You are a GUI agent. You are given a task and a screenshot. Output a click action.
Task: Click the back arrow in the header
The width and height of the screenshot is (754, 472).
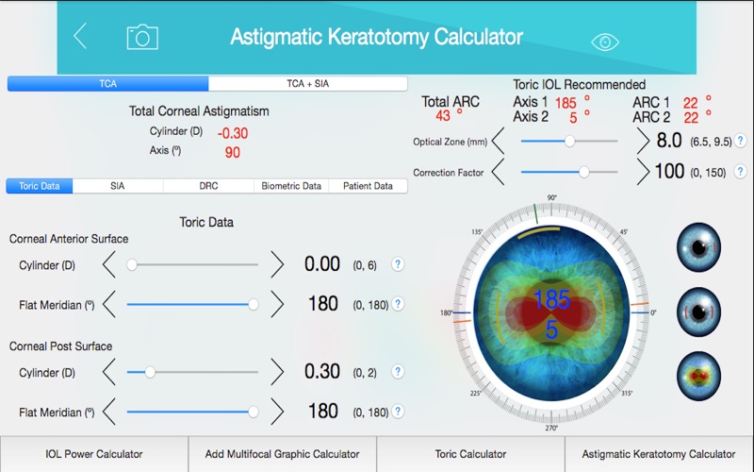tap(80, 37)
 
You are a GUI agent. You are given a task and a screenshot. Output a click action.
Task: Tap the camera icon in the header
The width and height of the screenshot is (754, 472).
tap(142, 37)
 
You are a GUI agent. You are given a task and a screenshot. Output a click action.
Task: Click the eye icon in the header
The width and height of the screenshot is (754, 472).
tap(605, 42)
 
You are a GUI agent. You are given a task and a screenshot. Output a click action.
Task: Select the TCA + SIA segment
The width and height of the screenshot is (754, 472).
tap(307, 84)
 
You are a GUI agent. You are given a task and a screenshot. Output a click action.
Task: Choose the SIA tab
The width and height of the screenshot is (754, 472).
tap(117, 186)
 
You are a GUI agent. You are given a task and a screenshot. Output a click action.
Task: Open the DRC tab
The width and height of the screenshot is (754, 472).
tap(208, 186)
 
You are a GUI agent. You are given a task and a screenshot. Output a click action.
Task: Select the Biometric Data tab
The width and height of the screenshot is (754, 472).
tap(291, 186)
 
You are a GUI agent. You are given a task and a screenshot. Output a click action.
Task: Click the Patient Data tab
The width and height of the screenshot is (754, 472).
tap(368, 186)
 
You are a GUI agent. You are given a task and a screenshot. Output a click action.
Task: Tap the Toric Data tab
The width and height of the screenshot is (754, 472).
tap(40, 186)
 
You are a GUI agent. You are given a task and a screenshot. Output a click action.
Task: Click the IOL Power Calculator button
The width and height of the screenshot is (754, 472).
tap(94, 454)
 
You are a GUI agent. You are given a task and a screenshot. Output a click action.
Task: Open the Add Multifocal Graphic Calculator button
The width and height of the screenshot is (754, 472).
tap(283, 454)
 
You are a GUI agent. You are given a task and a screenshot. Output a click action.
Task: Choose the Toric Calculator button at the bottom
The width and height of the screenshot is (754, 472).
tap(470, 454)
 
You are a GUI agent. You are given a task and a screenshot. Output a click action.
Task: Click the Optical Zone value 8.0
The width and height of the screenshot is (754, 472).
tap(669, 141)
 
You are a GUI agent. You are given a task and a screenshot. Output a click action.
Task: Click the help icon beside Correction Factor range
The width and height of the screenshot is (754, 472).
tap(741, 172)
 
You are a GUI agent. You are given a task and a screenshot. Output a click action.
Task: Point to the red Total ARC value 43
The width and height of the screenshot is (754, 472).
tap(442, 116)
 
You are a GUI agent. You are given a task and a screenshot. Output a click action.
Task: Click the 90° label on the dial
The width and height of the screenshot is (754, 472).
tap(551, 198)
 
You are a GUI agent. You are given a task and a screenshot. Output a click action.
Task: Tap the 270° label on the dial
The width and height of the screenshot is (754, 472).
tap(551, 428)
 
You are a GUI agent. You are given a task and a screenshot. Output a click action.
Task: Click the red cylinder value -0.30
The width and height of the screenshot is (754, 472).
tap(233, 133)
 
